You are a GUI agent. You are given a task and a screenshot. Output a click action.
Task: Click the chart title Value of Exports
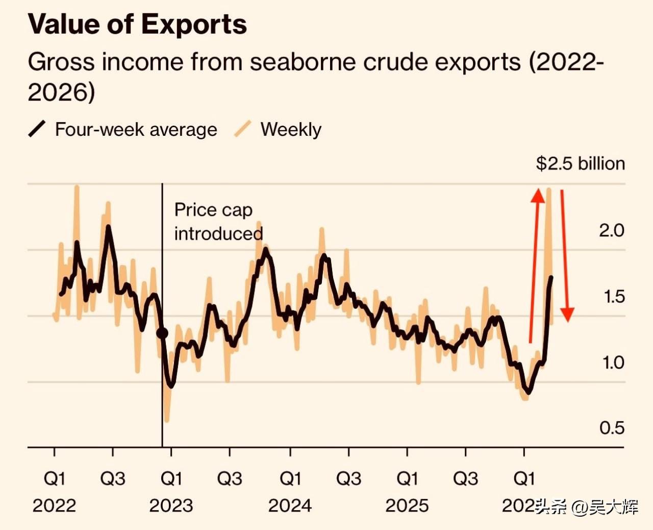tap(137, 25)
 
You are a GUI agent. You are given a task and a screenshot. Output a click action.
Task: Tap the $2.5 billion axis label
tap(580, 163)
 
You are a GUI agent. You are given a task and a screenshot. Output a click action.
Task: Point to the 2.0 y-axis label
tap(611, 230)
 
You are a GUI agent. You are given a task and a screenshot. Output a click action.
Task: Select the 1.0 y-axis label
tap(612, 363)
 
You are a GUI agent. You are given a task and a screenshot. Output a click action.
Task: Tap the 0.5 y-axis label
tap(612, 428)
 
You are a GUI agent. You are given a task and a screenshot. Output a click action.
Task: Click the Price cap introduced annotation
tap(218, 222)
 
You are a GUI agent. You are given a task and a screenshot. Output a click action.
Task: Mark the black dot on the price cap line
tap(162, 333)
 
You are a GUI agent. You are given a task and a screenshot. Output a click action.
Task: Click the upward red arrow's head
tap(538, 196)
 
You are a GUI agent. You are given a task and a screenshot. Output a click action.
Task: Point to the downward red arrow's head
tap(567, 315)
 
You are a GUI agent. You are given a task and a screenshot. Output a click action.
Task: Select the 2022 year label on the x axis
tap(54, 505)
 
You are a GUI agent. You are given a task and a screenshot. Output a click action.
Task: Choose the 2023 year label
tap(171, 505)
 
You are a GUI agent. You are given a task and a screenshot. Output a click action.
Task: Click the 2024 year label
tap(290, 505)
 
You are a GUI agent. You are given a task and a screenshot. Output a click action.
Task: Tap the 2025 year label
tap(407, 505)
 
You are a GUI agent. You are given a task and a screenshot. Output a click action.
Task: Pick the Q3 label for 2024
tap(348, 478)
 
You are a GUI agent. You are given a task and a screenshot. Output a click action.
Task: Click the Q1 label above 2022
tap(54, 478)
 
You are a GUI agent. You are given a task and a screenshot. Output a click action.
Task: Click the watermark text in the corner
tap(587, 507)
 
